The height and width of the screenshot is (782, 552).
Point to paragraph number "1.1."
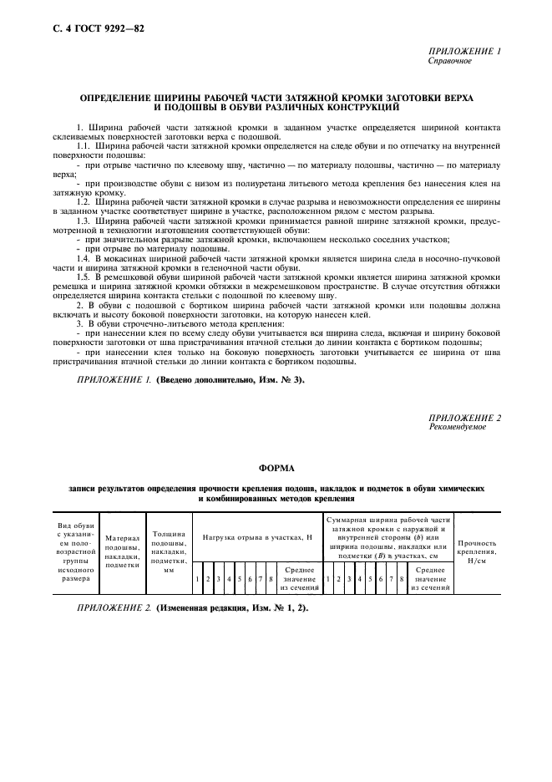pyautogui.click(x=83, y=145)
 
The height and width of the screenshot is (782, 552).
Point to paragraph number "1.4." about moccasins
pyautogui.click(x=83, y=262)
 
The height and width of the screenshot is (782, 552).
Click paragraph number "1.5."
pyautogui.click(x=83, y=277)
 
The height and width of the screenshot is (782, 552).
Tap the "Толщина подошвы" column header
pyautogui.click(x=169, y=547)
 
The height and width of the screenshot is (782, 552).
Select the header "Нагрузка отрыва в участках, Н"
pyautogui.click(x=257, y=539)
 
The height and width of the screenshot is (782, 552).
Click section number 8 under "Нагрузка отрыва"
pyautogui.click(x=271, y=578)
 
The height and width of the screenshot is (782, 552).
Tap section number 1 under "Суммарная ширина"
pyautogui.click(x=328, y=578)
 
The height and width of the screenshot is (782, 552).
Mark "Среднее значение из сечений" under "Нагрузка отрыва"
pyautogui.click(x=299, y=578)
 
